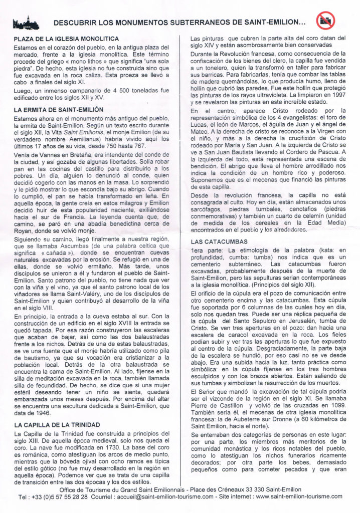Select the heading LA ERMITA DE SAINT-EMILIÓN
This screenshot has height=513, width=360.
59,109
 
